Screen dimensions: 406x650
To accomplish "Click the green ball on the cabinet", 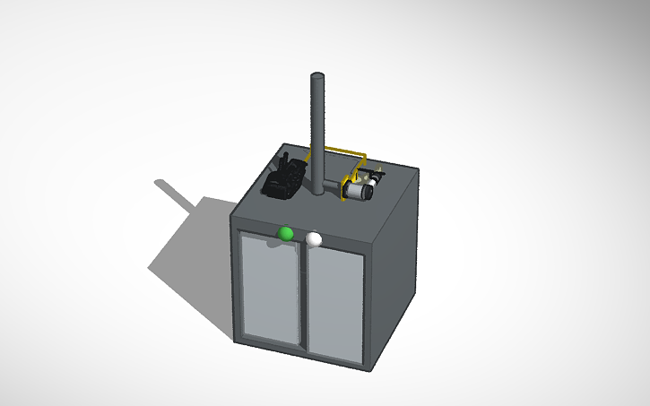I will tap(286, 233).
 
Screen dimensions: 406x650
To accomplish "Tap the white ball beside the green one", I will tap(314, 238).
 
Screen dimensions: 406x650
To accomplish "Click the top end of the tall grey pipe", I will tap(316, 77).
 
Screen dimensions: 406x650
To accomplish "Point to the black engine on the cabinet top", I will tap(284, 177).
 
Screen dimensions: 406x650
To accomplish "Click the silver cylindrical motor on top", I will tap(360, 189).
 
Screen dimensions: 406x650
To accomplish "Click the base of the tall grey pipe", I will tap(316, 190).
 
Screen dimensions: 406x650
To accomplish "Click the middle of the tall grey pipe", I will tap(316, 134).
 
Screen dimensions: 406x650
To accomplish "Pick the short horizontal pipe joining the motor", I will tap(337, 184).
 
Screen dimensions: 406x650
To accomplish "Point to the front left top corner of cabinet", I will tap(233, 216).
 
